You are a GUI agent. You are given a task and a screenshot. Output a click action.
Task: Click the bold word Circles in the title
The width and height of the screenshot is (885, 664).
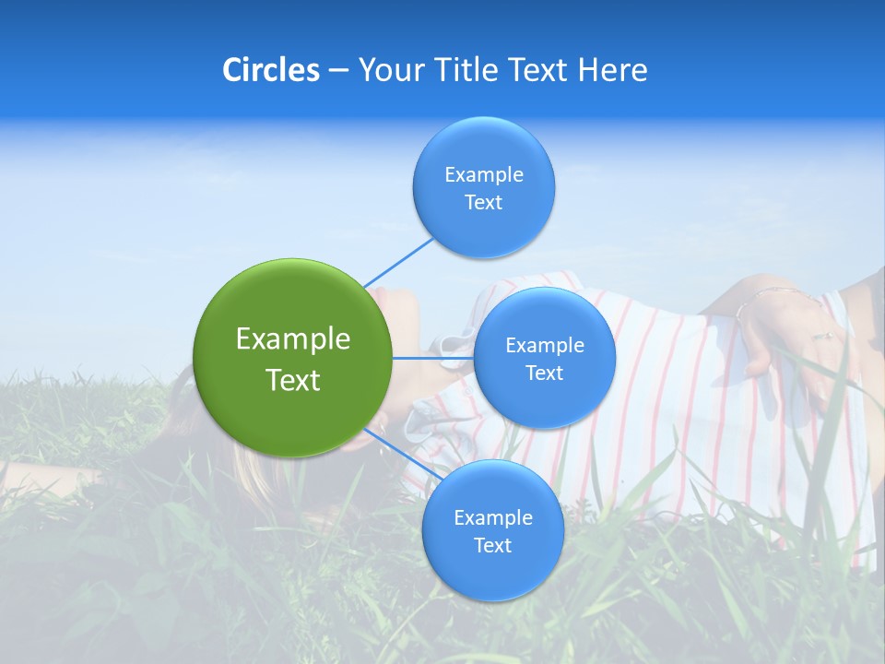271,70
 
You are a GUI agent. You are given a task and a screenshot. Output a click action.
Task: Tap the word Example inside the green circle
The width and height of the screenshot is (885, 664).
293,339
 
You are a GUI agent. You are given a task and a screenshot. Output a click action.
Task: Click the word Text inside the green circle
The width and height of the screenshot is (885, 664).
293,380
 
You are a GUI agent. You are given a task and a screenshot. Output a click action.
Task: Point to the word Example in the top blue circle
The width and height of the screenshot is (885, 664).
484,175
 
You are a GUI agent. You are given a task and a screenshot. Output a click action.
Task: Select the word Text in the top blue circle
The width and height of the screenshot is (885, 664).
484,203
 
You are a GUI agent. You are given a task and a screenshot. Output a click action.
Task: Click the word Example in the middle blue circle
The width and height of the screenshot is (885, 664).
545,346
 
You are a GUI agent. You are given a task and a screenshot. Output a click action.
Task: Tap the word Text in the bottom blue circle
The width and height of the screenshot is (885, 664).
492,546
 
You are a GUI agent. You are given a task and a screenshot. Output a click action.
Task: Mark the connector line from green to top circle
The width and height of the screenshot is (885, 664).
398,262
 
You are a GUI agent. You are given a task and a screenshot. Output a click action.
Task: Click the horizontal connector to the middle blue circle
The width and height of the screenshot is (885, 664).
433,358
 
